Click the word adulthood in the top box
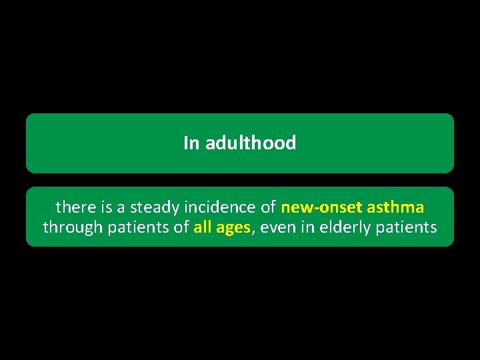[x=251, y=143]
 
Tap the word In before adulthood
[x=191, y=143]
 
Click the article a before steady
[x=120, y=207]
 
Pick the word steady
[x=149, y=207]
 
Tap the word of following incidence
[x=267, y=207]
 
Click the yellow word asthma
[x=395, y=207]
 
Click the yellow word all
[x=203, y=227]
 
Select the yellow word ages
[x=233, y=228]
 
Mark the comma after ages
[x=252, y=231]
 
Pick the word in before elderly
[x=305, y=227]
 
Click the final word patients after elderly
[x=407, y=227]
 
